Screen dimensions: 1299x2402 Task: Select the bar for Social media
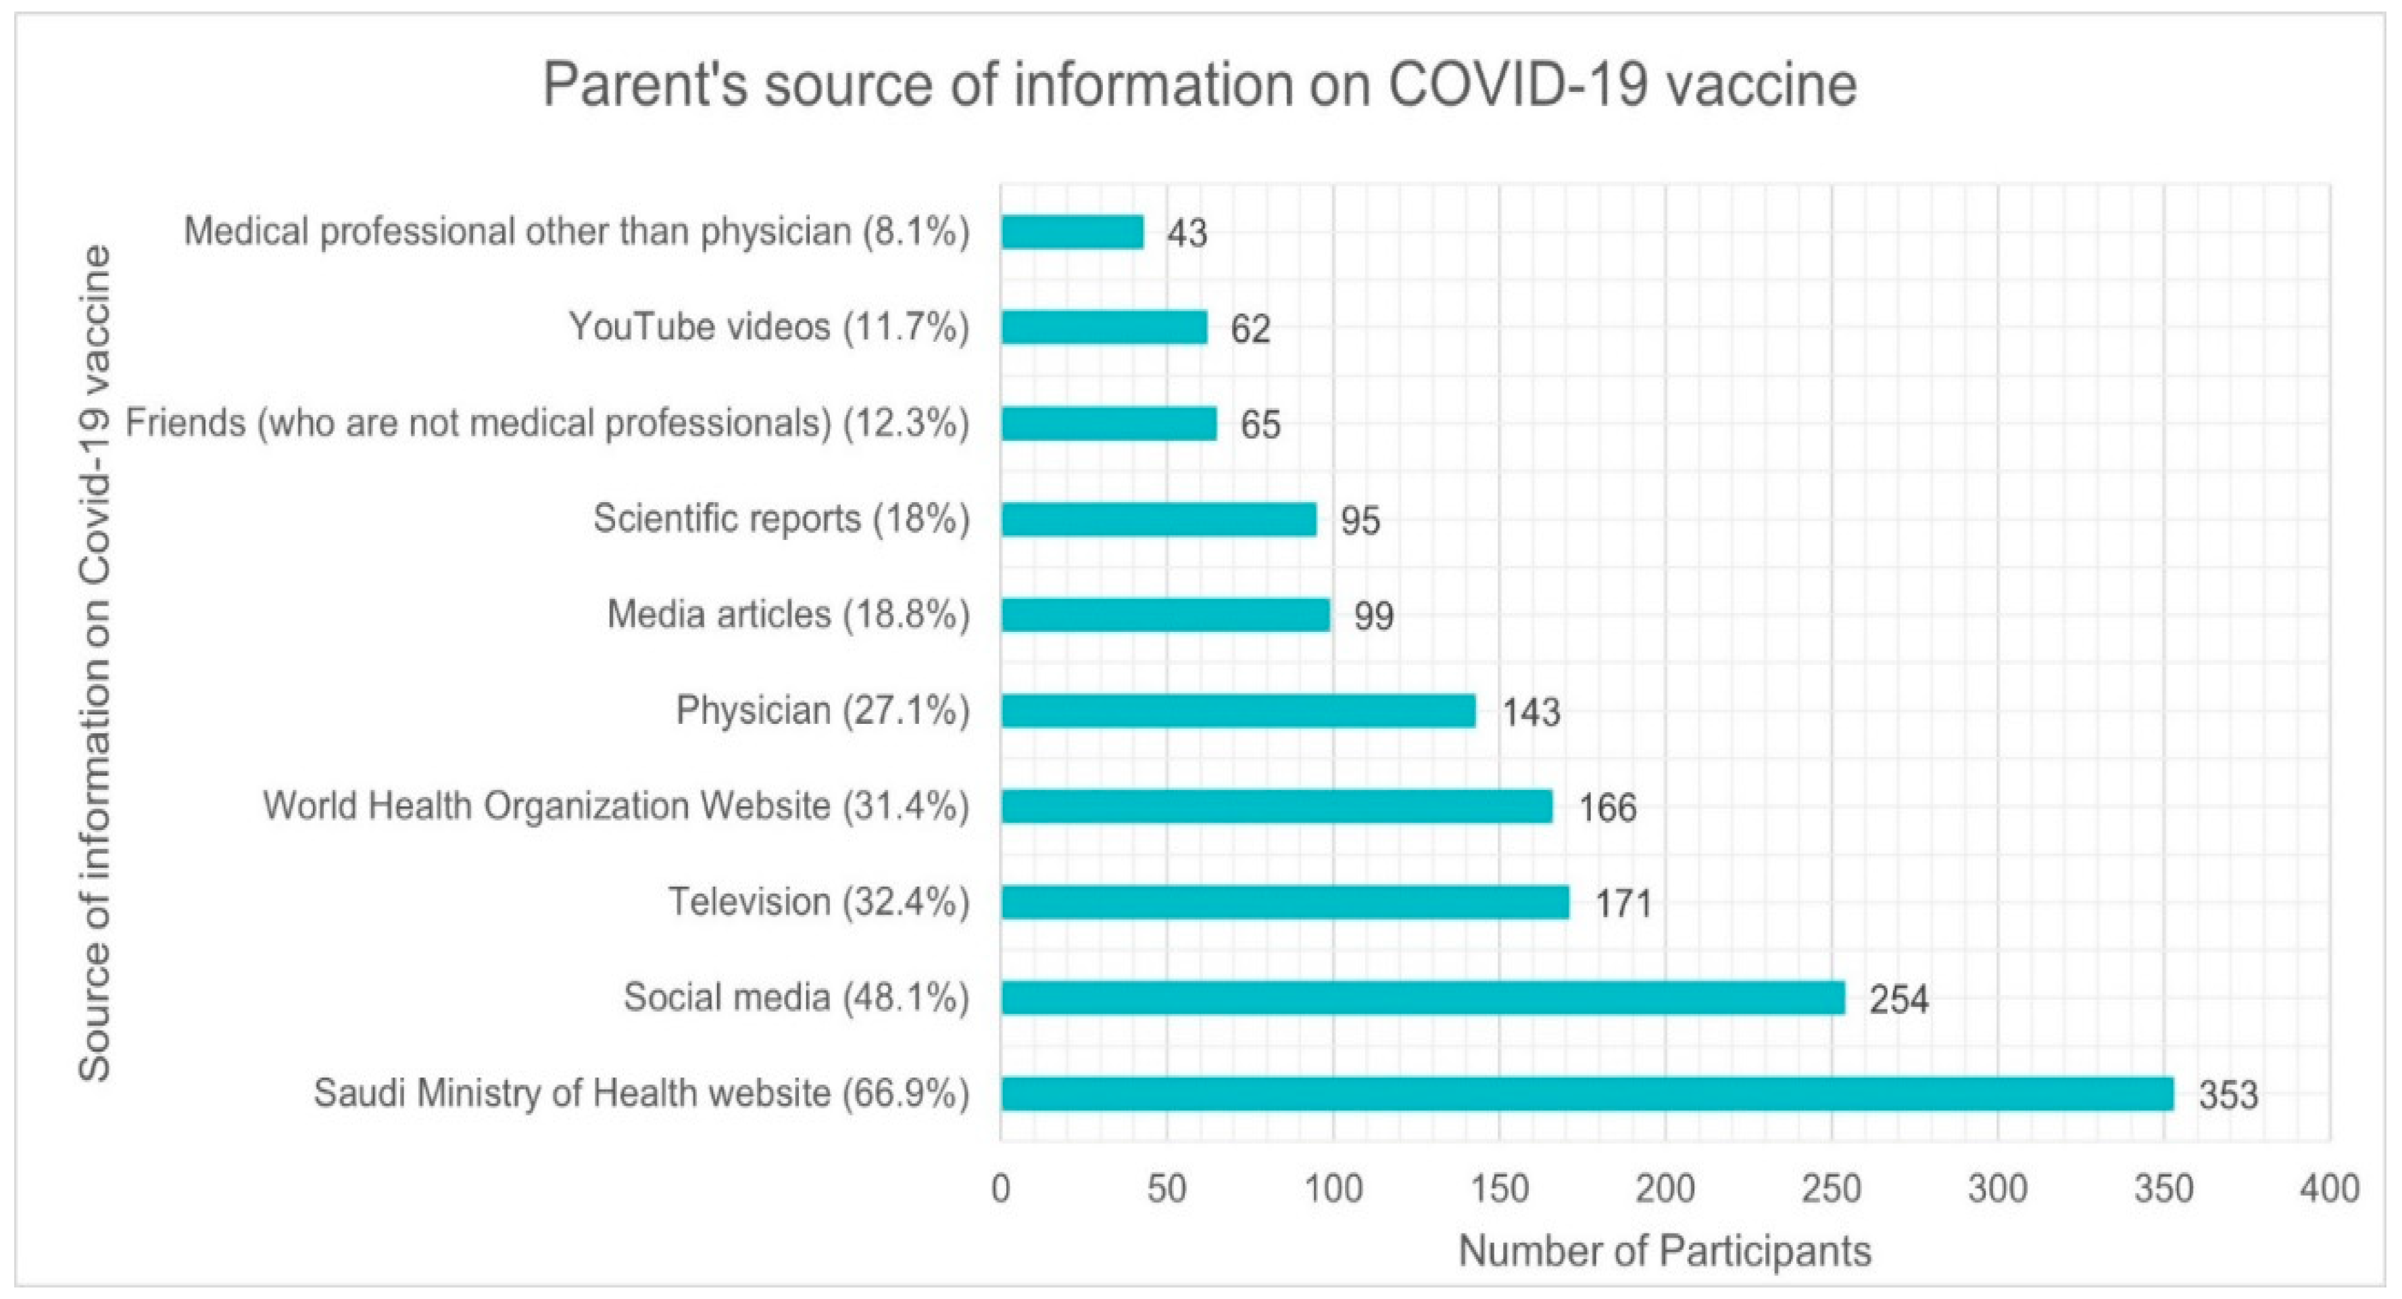tap(1422, 998)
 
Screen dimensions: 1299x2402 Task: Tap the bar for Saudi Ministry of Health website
tap(1587, 1093)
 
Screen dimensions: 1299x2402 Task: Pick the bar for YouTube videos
tap(1104, 327)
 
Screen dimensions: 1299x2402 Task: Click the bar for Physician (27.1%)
tap(1238, 710)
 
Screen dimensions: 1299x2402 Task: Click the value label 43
tap(1187, 233)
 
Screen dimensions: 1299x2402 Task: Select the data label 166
tap(1607, 808)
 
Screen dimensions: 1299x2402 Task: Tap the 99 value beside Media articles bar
tap(1373, 616)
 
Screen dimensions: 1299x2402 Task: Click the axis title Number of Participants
tap(1665, 1250)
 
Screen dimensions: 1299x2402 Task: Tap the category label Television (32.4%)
tap(818, 902)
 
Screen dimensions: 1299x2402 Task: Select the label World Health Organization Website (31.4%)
tap(616, 806)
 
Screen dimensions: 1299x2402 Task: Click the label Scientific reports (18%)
tap(781, 518)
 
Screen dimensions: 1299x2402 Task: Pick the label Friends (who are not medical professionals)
tap(546, 423)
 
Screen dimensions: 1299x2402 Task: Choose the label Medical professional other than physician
tap(577, 231)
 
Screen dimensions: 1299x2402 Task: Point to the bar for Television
tap(1284, 902)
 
